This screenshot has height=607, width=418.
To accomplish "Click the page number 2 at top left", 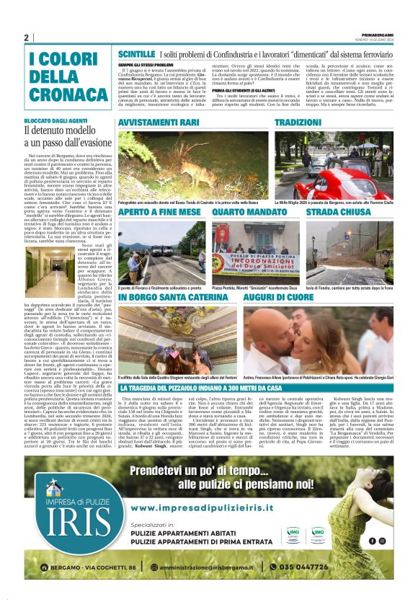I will tap(26, 37).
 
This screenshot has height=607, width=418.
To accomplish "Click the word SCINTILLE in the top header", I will tap(136, 54).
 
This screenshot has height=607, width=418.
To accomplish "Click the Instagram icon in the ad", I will tap(382, 540).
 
